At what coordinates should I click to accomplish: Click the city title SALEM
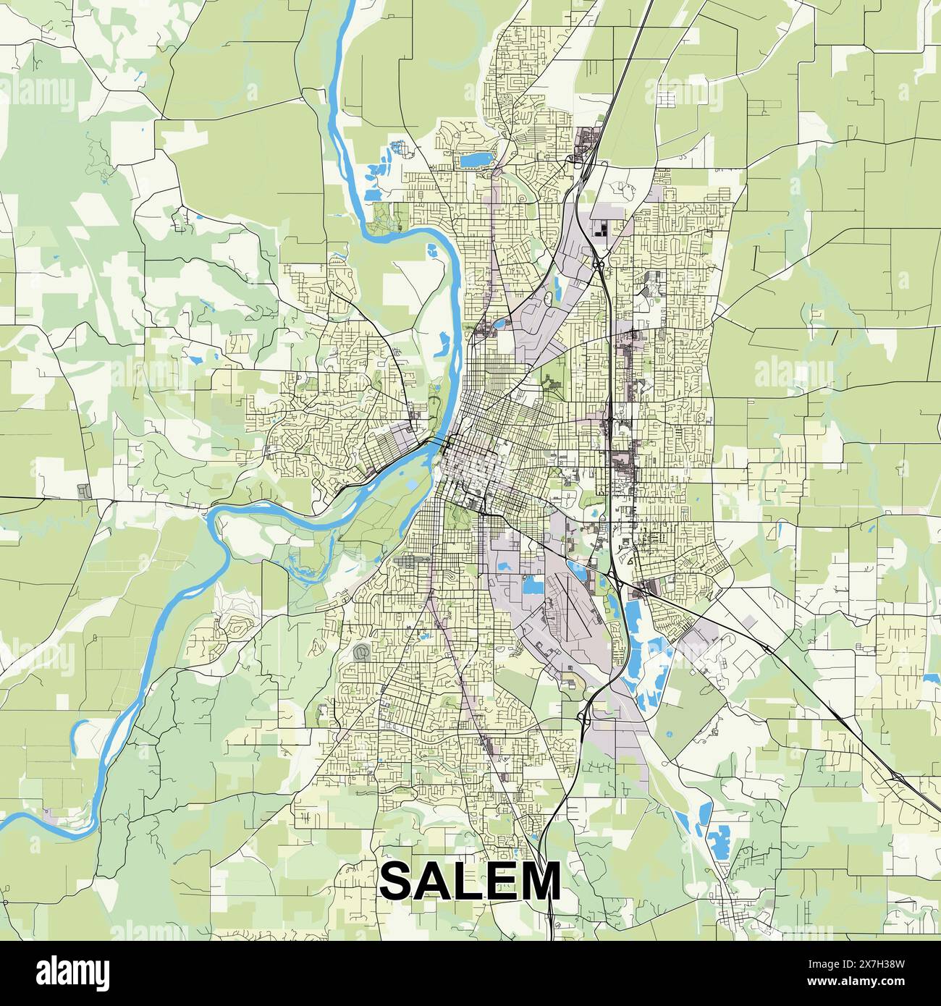(470, 880)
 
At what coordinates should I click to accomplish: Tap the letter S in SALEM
(397, 881)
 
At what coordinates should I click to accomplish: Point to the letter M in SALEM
(539, 881)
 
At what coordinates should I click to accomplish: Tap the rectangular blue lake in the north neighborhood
(475, 158)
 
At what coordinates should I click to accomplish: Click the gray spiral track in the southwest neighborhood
(360, 653)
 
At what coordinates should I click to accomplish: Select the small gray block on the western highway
(85, 491)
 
